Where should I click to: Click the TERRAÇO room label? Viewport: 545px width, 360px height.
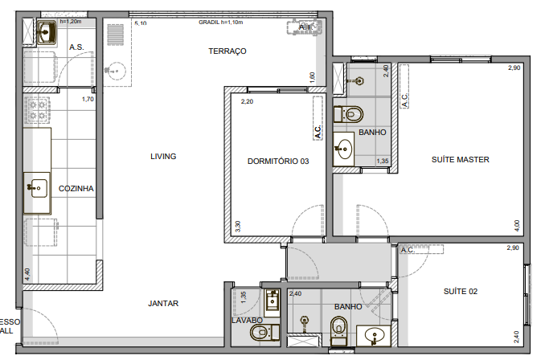(x=227, y=51)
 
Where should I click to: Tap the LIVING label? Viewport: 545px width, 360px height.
(x=163, y=156)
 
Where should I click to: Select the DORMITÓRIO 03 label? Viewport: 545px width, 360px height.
(x=278, y=161)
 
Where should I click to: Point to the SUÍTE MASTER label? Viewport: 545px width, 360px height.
(x=461, y=159)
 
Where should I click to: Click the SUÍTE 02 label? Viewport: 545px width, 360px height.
(x=461, y=291)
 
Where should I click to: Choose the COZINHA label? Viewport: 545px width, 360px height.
(x=76, y=189)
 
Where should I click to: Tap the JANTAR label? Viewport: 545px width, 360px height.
(x=163, y=303)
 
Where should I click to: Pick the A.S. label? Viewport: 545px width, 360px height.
(x=77, y=47)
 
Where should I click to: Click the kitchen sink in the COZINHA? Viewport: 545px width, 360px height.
(x=37, y=189)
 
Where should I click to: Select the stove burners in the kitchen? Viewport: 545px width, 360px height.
(x=37, y=111)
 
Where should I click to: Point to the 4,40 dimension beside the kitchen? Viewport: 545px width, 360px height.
(x=27, y=273)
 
